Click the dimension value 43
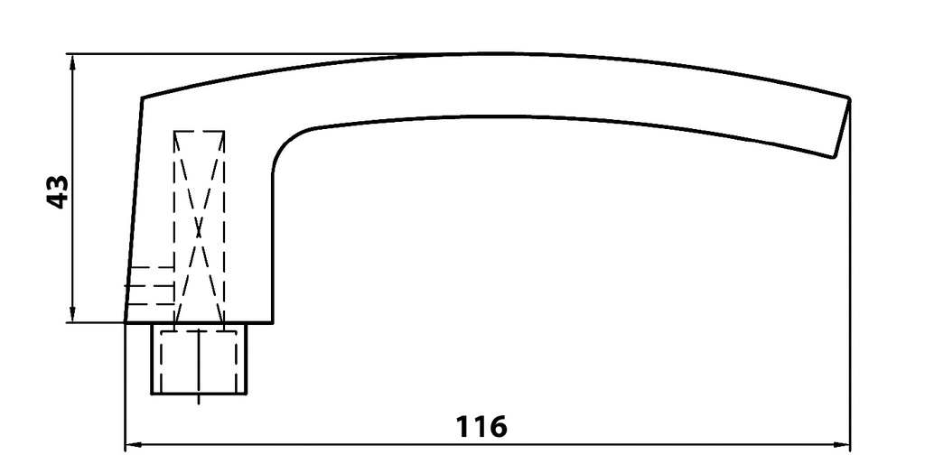tap(57, 192)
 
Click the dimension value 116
tap(481, 425)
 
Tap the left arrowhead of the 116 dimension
tap(132, 444)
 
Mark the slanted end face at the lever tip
tap(841, 127)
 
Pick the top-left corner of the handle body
tap(143, 97)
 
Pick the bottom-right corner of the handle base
tap(272, 322)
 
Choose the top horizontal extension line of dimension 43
tap(271, 54)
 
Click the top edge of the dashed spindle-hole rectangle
tap(199, 132)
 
